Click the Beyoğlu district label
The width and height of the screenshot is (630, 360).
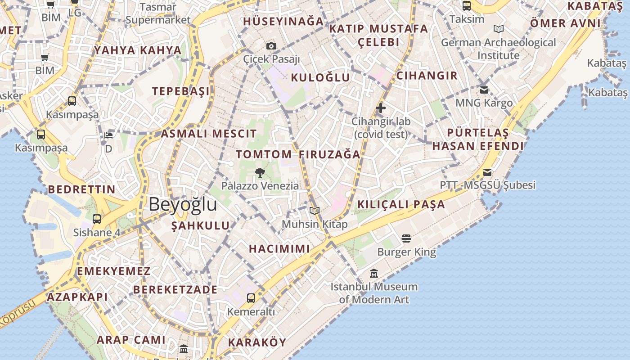pyautogui.click(x=183, y=204)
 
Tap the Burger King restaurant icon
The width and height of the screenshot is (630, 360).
pyautogui.click(x=406, y=238)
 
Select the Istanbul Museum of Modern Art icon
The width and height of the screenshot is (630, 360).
pyautogui.click(x=373, y=273)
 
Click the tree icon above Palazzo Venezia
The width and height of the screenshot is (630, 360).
pyautogui.click(x=260, y=172)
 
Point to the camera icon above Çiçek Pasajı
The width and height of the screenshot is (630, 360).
pyautogui.click(x=271, y=46)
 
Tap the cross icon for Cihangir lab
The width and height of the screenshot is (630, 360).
pyautogui.click(x=381, y=108)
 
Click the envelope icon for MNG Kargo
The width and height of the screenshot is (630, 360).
pyautogui.click(x=484, y=90)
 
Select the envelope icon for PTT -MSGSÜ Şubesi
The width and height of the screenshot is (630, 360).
pyautogui.click(x=487, y=172)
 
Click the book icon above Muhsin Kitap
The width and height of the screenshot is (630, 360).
pyautogui.click(x=315, y=211)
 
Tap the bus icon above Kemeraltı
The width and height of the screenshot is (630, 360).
pyautogui.click(x=251, y=298)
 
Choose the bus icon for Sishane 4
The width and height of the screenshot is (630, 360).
pyautogui.click(x=97, y=219)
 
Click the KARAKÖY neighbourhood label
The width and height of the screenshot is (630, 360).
pyautogui.click(x=257, y=342)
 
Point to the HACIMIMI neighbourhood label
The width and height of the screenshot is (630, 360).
pyautogui.click(x=279, y=249)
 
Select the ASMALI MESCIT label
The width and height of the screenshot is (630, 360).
pyautogui.click(x=209, y=134)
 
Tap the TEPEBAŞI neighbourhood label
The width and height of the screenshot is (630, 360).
pyautogui.click(x=180, y=91)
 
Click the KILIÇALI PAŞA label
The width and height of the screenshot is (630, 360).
pyautogui.click(x=401, y=205)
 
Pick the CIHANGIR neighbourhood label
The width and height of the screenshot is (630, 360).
pyautogui.click(x=427, y=76)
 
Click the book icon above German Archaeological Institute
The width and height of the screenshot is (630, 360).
pyautogui.click(x=498, y=29)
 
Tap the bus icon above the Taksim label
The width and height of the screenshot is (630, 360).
pyautogui.click(x=467, y=6)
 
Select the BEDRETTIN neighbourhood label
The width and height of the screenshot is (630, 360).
pyautogui.click(x=82, y=189)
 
